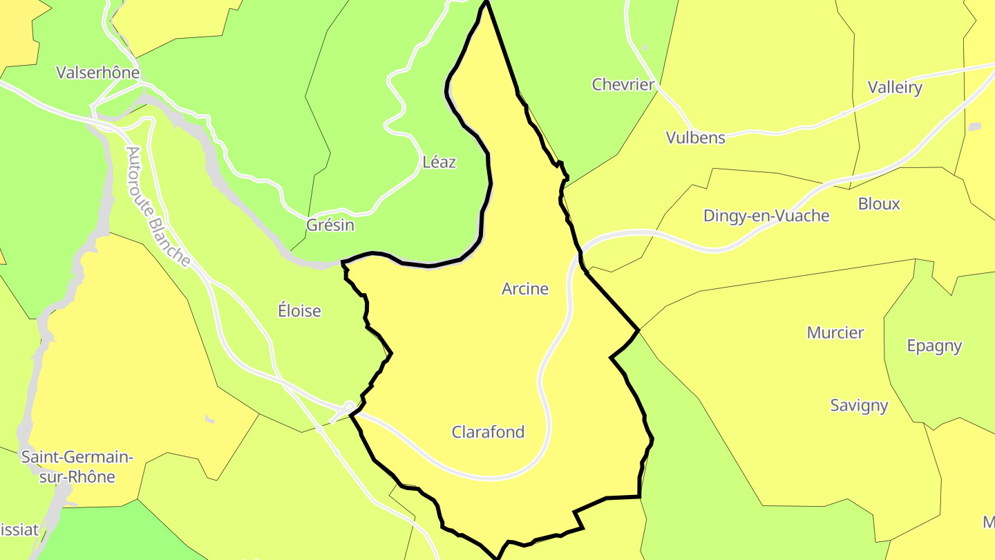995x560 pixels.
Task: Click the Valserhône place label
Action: [97, 73]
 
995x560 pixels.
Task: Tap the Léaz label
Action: [439, 162]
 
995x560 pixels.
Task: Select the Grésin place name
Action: [330, 225]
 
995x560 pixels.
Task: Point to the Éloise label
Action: [299, 311]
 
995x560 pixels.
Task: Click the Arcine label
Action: [525, 289]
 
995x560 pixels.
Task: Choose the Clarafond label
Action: [488, 432]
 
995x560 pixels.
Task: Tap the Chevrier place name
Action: [623, 85]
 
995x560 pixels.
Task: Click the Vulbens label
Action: [696, 138]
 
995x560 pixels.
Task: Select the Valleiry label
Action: [895, 88]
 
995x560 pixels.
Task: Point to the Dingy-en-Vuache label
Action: [766, 216]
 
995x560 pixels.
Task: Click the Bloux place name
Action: [879, 204]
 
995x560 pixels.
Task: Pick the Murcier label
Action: [835, 333]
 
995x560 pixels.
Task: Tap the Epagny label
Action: [934, 346]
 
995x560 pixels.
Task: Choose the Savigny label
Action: [859, 406]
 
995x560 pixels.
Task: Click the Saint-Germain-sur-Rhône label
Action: [77, 467]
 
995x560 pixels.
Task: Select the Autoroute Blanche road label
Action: [158, 206]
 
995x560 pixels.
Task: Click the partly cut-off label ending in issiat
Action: [19, 530]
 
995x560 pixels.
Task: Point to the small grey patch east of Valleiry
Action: [974, 127]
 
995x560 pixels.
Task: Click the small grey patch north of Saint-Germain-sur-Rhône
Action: [209, 419]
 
